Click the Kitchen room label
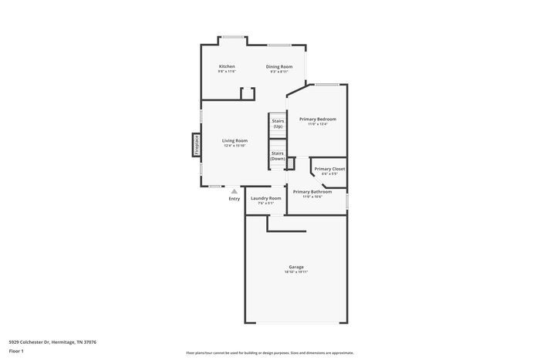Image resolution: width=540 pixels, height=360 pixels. (x=227, y=66)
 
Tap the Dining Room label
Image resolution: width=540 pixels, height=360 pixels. (x=279, y=66)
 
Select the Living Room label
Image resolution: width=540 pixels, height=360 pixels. (x=235, y=140)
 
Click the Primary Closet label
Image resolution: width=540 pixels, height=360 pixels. (x=329, y=168)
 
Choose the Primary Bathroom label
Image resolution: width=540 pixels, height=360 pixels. (x=312, y=191)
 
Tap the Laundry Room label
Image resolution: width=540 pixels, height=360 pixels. (x=266, y=198)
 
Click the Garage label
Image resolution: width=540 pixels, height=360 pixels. (x=296, y=267)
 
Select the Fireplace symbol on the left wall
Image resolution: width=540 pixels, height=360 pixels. (x=196, y=144)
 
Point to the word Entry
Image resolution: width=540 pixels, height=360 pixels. (x=235, y=199)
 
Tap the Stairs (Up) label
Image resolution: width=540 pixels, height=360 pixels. (x=278, y=123)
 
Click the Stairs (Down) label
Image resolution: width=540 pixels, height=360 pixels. (x=278, y=155)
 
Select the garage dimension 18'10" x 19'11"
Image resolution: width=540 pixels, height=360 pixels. (x=296, y=272)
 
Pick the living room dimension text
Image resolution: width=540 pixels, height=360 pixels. (x=235, y=146)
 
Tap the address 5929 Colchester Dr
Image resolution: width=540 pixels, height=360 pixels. (x=52, y=341)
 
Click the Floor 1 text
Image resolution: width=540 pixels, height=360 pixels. (x=16, y=351)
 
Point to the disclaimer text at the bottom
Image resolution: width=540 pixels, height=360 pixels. (x=269, y=350)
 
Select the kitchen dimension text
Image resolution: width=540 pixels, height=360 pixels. (x=227, y=72)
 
